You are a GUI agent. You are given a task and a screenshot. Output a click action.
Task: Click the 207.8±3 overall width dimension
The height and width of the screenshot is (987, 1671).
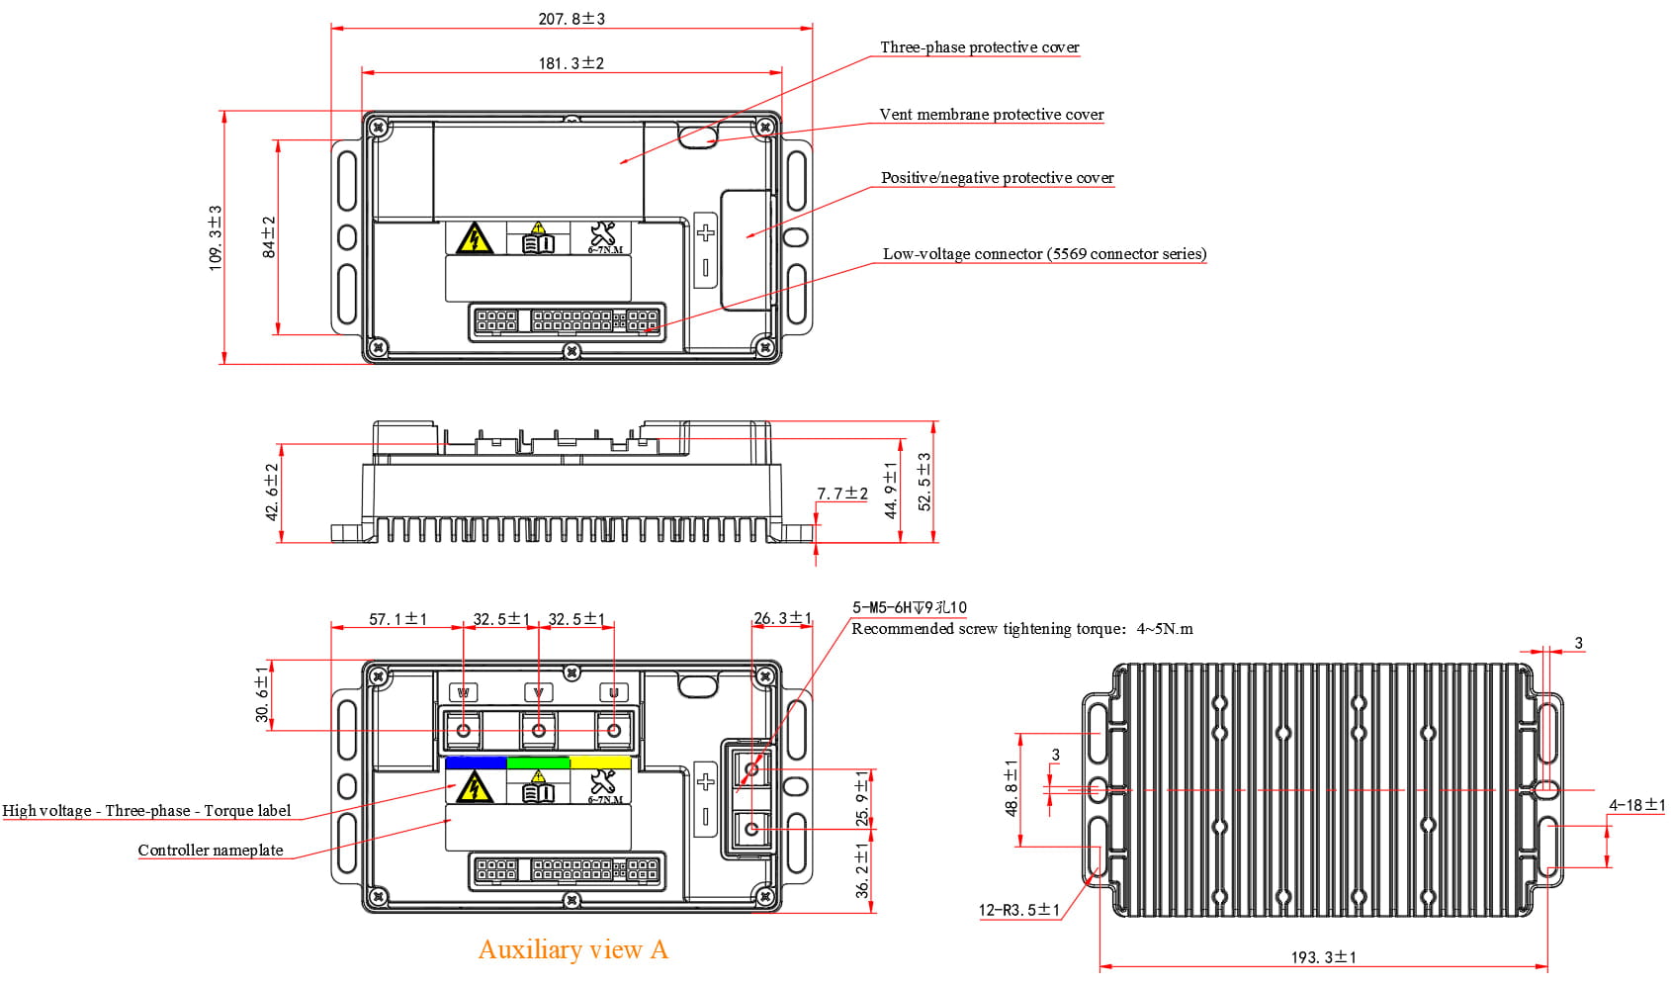[572, 19]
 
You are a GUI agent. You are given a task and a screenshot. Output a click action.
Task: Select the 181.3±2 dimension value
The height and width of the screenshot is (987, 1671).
[571, 63]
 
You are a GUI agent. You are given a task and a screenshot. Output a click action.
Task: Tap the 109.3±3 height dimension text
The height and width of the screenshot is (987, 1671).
[216, 237]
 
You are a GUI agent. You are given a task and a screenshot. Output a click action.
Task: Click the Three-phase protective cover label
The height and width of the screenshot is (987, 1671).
[979, 47]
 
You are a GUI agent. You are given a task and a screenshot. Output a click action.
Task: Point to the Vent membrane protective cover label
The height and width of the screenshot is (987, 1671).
[991, 115]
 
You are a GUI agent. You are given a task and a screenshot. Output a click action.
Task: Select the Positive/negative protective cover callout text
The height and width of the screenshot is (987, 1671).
[997, 178]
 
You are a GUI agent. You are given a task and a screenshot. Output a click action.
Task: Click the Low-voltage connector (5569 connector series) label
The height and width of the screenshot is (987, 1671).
[1044, 254]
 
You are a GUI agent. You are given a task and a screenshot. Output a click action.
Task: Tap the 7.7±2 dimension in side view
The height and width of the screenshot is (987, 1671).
[841, 493]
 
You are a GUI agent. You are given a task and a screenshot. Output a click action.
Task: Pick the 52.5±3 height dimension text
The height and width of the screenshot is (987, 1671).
[924, 482]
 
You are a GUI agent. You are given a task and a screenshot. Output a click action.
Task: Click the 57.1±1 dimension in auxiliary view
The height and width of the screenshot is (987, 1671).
[397, 619]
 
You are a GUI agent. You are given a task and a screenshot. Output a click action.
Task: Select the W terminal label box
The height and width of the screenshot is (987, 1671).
[464, 692]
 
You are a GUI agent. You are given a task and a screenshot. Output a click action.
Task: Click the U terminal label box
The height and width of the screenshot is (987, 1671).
[614, 692]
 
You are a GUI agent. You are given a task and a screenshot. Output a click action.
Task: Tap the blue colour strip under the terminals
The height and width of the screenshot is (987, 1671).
[476, 763]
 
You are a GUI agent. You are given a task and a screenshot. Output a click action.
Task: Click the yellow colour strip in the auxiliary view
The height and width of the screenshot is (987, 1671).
[601, 763]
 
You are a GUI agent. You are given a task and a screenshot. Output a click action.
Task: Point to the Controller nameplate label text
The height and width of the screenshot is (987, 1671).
[210, 851]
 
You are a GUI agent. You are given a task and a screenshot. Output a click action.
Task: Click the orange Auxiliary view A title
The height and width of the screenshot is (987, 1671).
[572, 949]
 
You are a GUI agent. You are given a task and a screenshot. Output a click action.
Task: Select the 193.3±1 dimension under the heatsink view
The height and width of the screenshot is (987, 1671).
[1323, 957]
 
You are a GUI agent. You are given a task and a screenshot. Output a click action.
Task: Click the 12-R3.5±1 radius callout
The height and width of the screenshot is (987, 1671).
[1018, 910]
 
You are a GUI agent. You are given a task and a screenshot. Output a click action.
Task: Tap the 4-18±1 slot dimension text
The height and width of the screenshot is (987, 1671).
[1636, 805]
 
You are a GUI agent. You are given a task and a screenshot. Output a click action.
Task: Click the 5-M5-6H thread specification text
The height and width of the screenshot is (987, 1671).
[910, 607]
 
